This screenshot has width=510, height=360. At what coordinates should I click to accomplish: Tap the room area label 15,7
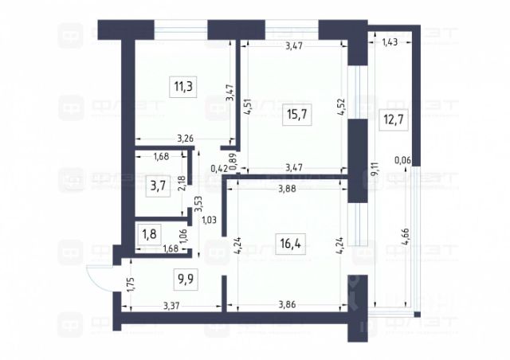(296, 114)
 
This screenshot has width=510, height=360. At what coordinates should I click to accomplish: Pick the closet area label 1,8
(149, 235)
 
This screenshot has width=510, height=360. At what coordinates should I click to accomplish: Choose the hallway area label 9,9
(185, 278)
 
